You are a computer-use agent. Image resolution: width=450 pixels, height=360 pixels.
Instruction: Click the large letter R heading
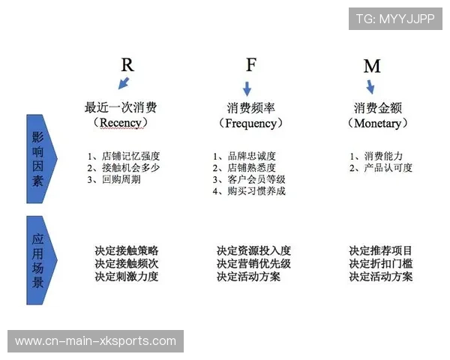coord(127,64)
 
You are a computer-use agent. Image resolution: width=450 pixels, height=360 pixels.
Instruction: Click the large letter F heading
coord(250,64)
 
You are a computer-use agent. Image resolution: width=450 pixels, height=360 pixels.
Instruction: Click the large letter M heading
coord(372,66)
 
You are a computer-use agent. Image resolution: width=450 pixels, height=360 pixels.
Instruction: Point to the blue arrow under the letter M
coord(370,87)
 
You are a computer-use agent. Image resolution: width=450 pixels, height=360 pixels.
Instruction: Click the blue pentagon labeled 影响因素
coord(39,158)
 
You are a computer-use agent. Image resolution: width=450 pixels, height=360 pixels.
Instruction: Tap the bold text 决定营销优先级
coord(253,264)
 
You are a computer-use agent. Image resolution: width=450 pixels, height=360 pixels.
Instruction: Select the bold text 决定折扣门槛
coord(381,264)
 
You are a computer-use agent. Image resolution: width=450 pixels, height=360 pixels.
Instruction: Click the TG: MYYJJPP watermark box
coord(395,19)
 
